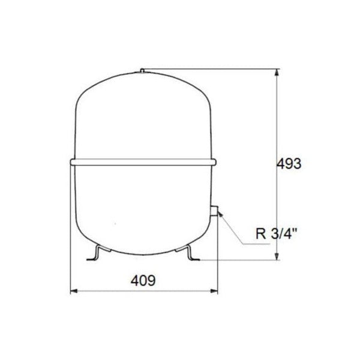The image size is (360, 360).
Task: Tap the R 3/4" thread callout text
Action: click(x=277, y=235)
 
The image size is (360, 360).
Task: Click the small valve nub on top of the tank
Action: click(x=143, y=70)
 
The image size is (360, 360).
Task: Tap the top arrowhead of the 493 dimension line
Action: click(x=277, y=73)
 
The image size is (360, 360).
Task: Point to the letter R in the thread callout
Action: click(x=260, y=235)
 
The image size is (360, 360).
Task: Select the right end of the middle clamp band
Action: click(x=215, y=161)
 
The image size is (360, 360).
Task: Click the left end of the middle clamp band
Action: click(x=71, y=161)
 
